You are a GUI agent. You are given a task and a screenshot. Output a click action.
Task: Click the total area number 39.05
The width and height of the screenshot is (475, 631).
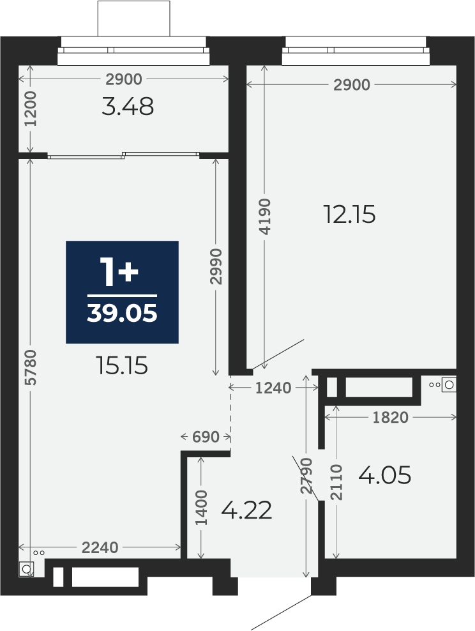122,314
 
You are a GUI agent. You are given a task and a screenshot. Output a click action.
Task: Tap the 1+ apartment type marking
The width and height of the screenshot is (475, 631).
119,273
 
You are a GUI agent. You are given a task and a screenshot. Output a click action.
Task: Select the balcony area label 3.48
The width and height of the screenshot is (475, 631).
128,107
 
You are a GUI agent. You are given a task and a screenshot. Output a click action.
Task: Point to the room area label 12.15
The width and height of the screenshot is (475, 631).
349,215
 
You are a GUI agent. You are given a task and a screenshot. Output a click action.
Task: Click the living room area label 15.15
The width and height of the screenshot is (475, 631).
122,366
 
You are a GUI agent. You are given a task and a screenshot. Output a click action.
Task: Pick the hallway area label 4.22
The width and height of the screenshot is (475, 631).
246,510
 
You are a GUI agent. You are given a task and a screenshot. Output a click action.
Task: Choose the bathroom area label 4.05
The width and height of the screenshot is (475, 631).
384,475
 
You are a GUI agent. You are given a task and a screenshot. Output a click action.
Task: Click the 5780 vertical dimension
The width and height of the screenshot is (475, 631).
31,367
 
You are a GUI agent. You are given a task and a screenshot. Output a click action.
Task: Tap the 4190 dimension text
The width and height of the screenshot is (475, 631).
265,217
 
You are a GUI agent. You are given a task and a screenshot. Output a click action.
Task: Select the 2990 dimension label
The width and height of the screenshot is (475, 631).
216,266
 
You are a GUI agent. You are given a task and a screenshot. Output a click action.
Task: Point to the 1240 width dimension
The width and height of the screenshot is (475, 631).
273,388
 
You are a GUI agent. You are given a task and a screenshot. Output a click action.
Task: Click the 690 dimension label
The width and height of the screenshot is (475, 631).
206,437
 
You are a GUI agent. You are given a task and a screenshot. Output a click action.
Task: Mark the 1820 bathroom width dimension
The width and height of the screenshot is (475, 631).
390,418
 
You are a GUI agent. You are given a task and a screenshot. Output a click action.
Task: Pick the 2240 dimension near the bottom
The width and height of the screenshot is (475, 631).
100,547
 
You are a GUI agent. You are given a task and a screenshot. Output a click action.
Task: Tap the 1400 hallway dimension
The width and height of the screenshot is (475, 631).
201,508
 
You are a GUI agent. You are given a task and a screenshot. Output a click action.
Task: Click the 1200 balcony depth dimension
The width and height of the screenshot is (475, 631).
31,109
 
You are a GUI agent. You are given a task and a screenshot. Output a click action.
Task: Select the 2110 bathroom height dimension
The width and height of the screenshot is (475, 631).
336,482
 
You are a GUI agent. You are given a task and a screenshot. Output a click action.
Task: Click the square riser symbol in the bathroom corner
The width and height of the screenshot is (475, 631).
449,384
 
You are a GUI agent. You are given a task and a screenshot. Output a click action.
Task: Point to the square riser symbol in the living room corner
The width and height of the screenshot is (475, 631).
26,569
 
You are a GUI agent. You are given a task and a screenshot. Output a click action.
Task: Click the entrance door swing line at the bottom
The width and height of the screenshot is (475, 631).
282,604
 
